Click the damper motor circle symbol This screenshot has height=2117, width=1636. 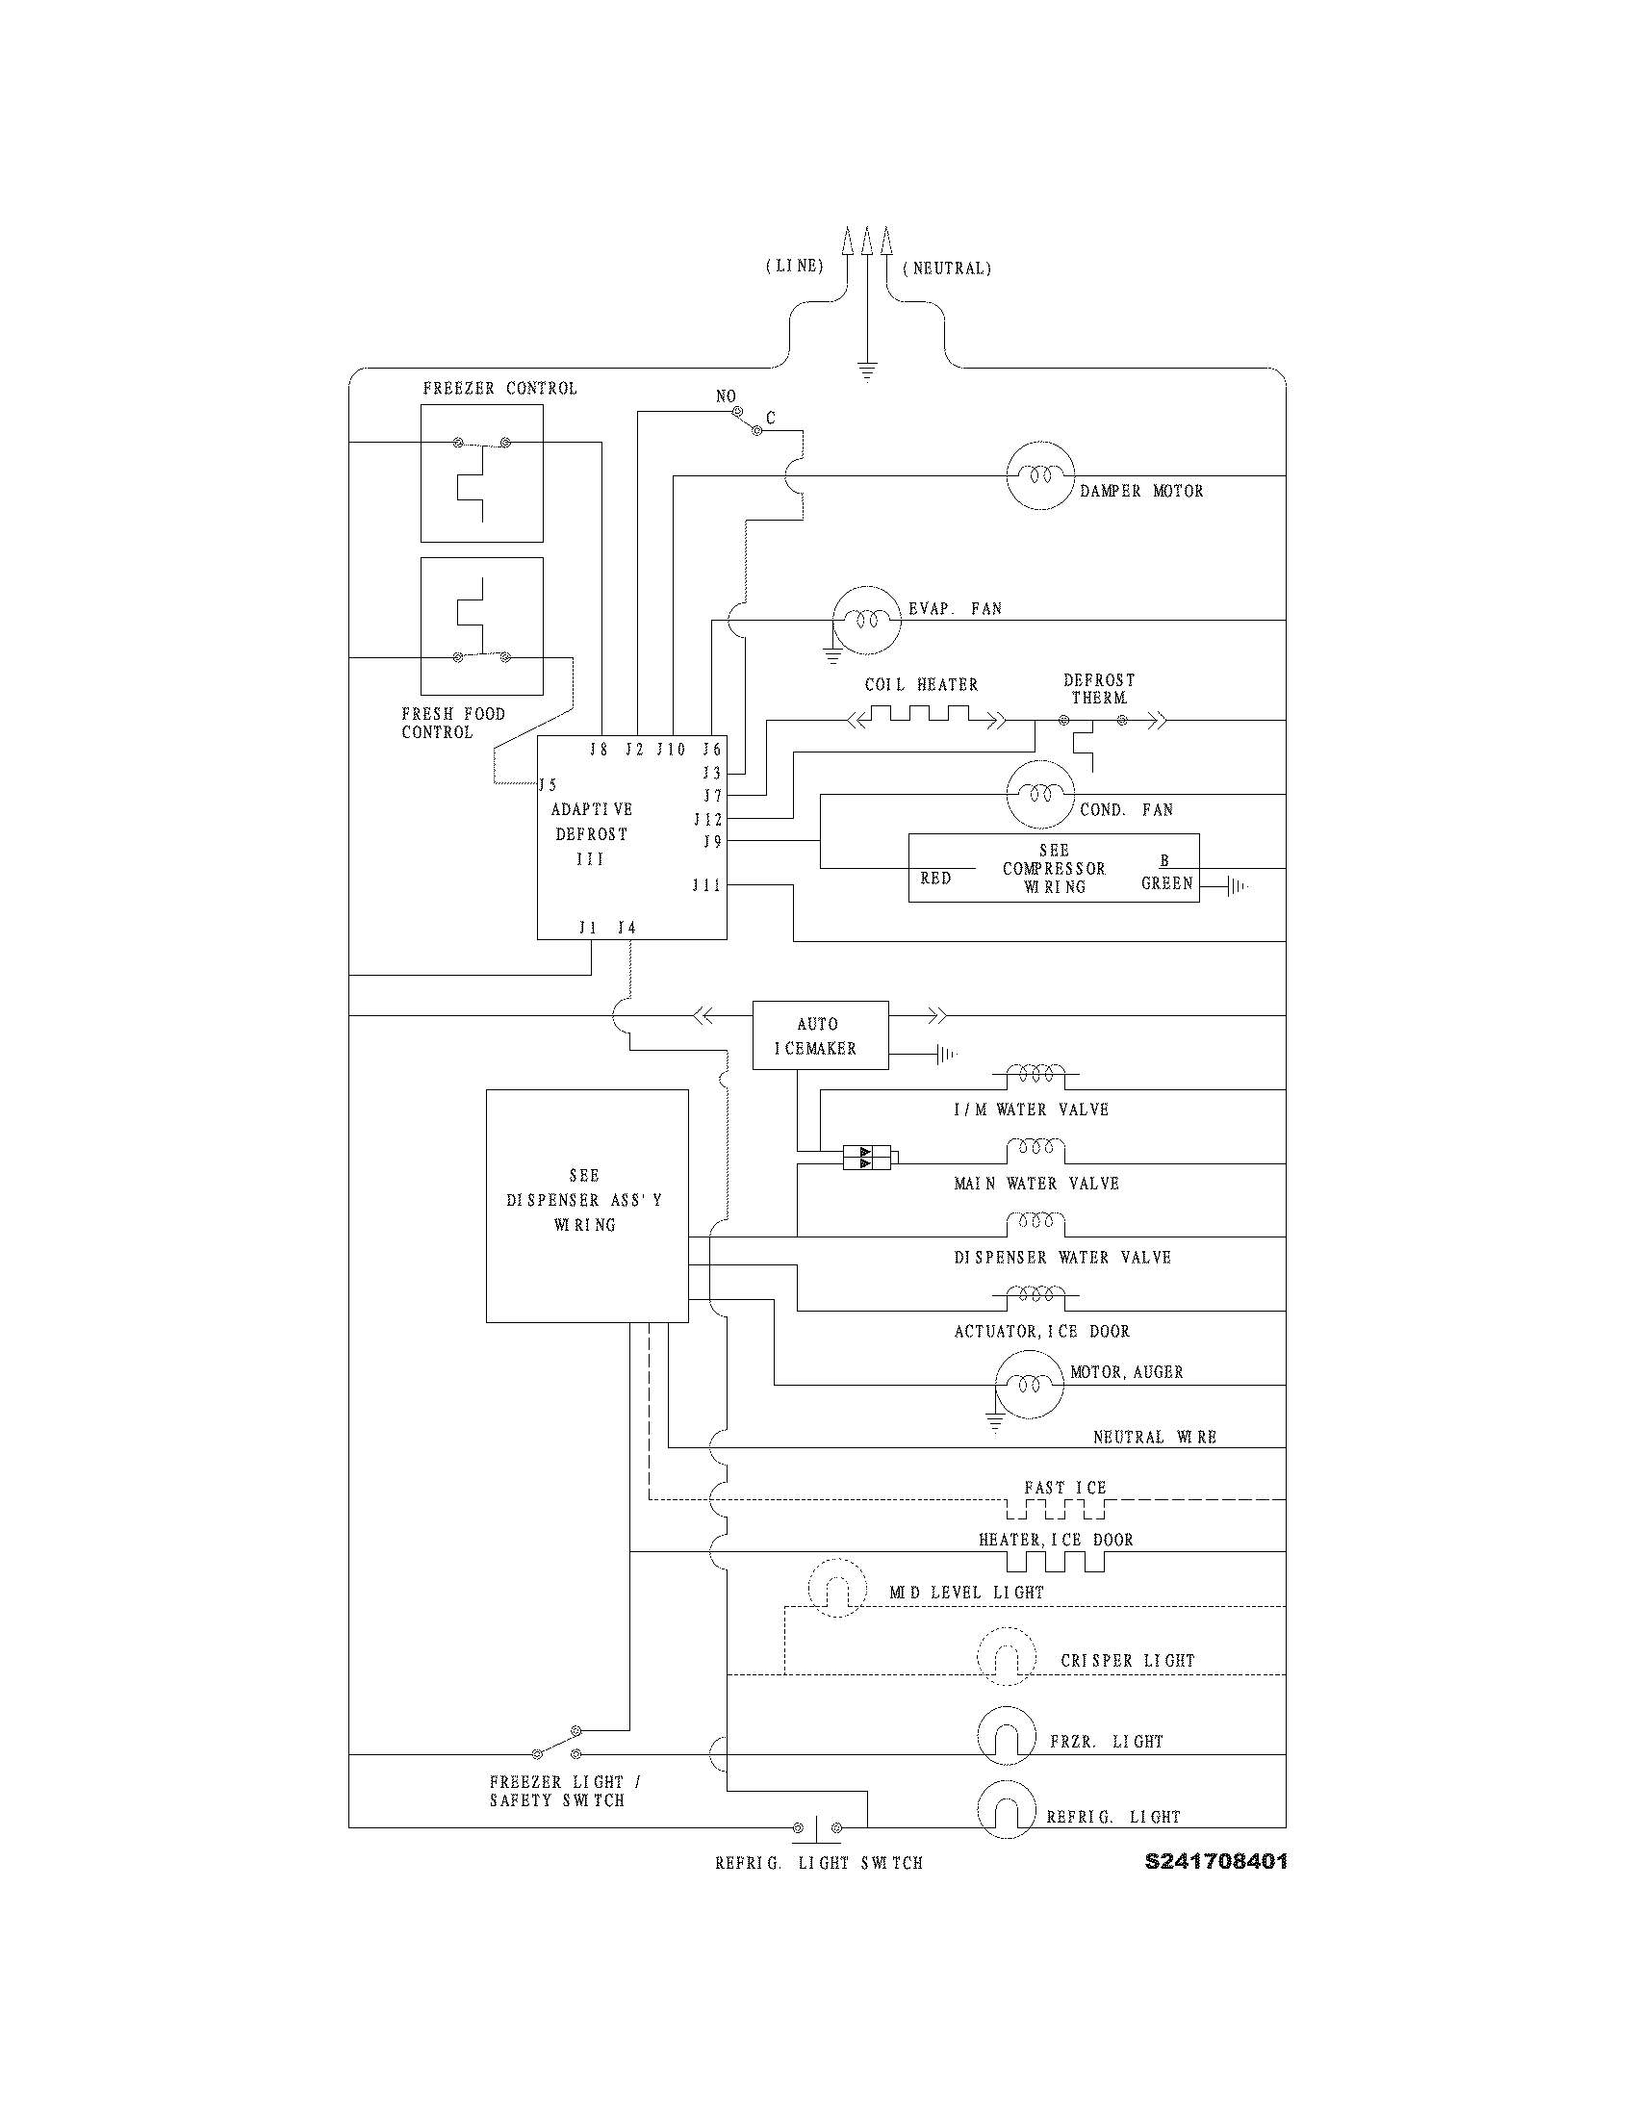coord(1041,476)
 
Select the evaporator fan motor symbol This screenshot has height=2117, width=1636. coord(866,621)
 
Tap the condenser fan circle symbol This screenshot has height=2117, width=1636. coord(1041,794)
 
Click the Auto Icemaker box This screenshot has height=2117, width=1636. coord(820,1035)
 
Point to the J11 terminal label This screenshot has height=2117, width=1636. coord(706,885)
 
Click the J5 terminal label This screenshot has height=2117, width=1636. coord(549,785)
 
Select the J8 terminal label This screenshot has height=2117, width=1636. coord(599,750)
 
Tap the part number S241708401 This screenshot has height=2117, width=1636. coord(1215,1861)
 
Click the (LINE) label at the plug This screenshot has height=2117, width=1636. coord(795,266)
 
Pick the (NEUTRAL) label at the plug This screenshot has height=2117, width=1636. coord(947,268)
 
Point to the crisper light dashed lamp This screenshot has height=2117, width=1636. coord(1006,1658)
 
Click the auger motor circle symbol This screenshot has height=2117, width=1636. coord(1030,1384)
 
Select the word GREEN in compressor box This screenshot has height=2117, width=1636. coord(1167,883)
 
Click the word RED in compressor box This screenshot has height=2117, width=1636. coord(935,879)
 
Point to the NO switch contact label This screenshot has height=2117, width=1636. coord(726,396)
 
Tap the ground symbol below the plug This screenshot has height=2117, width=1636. coord(867,371)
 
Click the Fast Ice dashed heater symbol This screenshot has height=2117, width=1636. coord(1056,1509)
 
